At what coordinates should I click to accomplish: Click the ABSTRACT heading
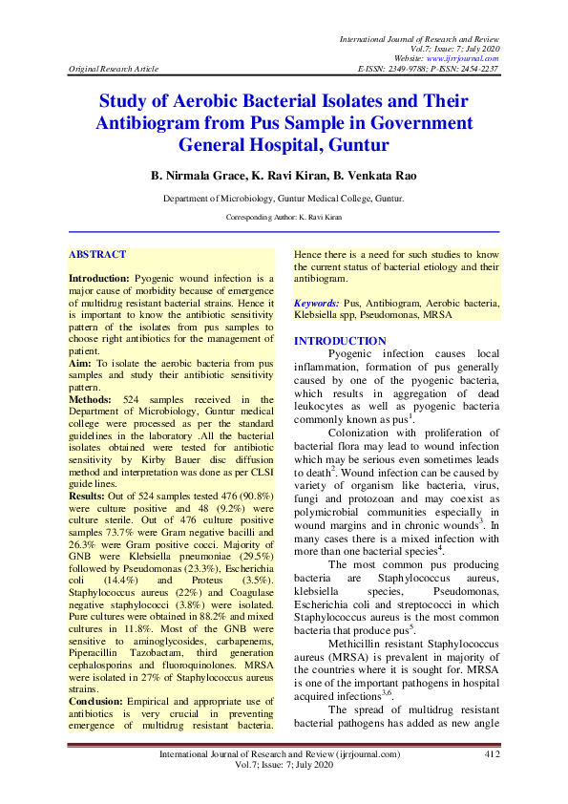(97, 255)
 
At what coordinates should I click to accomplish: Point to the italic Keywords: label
(316, 301)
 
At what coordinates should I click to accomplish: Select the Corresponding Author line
(284, 218)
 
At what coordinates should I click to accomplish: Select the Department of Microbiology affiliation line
(284, 199)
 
